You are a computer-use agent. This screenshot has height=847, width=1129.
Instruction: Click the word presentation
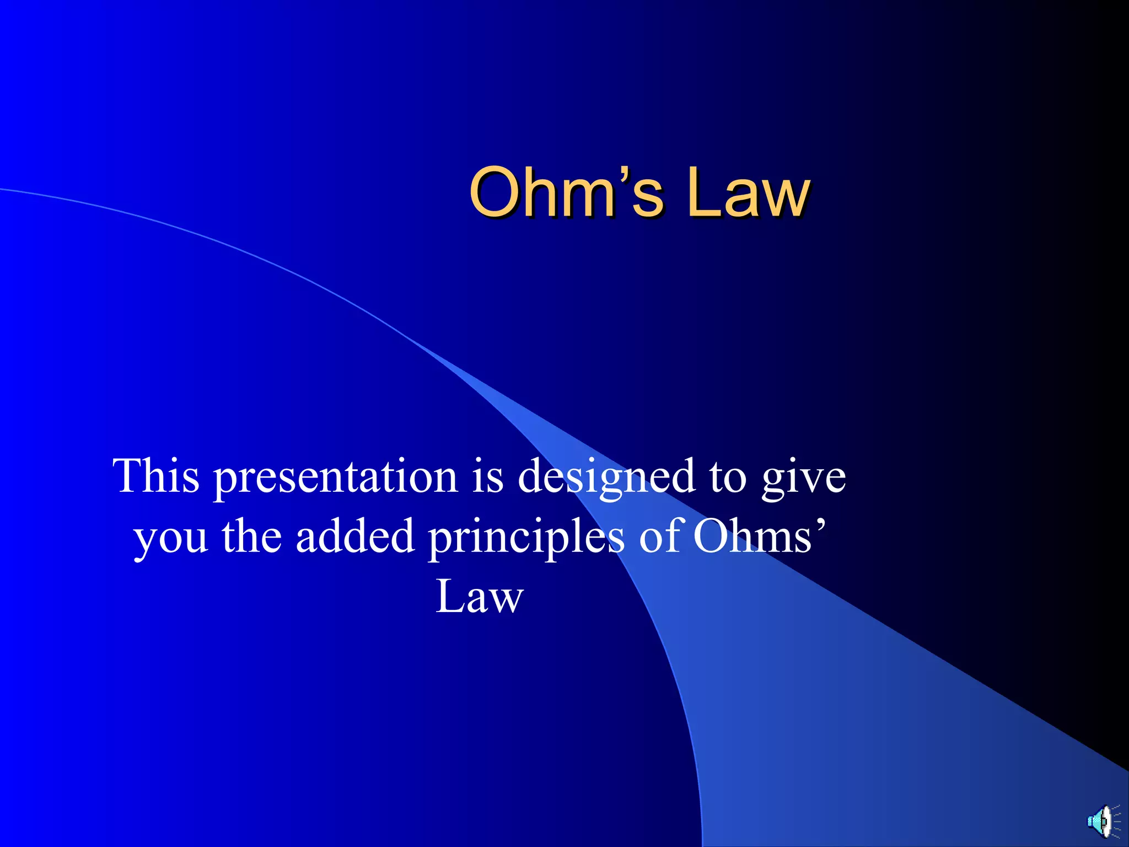point(336,478)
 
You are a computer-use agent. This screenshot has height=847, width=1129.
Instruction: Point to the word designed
point(606,478)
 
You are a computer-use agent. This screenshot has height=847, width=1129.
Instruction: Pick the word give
point(804,478)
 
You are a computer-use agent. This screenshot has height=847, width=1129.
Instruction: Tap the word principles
point(526,538)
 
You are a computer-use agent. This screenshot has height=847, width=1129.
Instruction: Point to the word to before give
point(728,476)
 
